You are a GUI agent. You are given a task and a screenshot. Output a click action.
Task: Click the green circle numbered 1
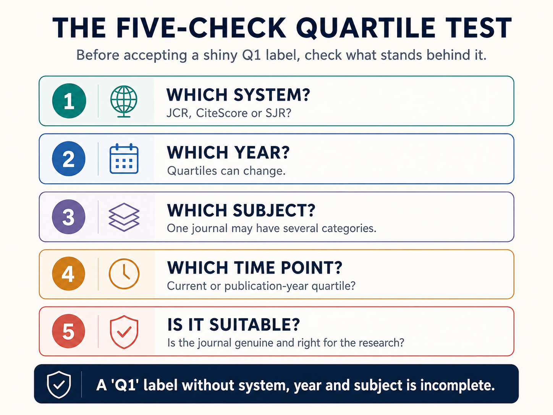(x=69, y=101)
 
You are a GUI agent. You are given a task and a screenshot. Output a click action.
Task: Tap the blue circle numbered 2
(x=68, y=159)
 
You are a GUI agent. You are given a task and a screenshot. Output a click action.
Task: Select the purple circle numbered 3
(x=68, y=217)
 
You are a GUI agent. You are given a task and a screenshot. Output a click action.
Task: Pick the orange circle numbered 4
(x=68, y=274)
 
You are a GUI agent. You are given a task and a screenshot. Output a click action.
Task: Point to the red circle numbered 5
(x=68, y=331)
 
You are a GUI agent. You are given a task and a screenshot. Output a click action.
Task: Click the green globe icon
(x=124, y=101)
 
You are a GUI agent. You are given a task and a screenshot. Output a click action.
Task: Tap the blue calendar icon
(x=124, y=159)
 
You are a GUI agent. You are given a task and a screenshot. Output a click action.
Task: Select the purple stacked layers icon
(x=124, y=217)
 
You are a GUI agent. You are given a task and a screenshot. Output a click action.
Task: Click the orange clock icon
(x=124, y=274)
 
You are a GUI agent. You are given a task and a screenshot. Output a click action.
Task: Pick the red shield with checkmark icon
(x=124, y=332)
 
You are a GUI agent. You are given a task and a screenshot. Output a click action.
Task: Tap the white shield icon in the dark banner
(x=59, y=384)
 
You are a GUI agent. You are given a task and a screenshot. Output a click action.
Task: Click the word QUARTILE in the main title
(x=365, y=28)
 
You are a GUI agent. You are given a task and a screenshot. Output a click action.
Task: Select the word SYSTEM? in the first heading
(x=272, y=95)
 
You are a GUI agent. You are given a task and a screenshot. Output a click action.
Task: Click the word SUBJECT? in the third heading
(x=274, y=211)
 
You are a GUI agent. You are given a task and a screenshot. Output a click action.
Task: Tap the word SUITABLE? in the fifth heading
(x=255, y=324)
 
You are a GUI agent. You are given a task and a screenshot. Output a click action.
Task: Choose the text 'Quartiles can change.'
(x=226, y=171)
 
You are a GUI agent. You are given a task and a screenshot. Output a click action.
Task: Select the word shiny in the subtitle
(x=220, y=55)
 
